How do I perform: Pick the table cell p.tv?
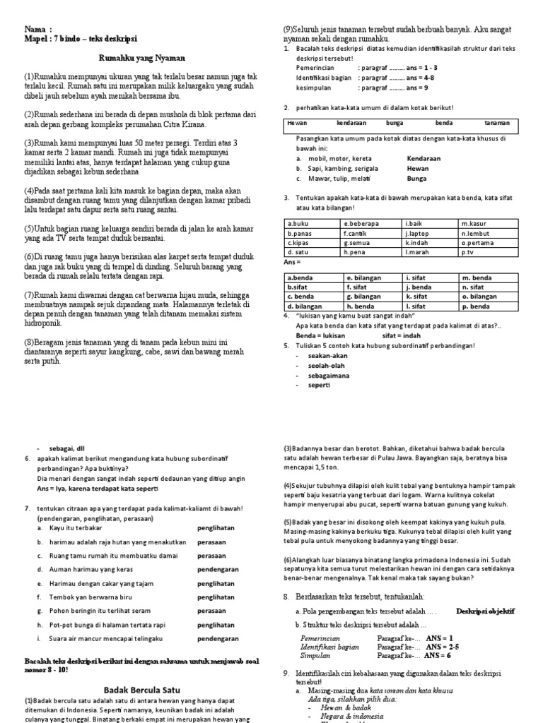[468, 251]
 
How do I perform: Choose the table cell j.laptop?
[416, 232]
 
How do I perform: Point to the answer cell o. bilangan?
[480, 297]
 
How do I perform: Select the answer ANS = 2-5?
[443, 645]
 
